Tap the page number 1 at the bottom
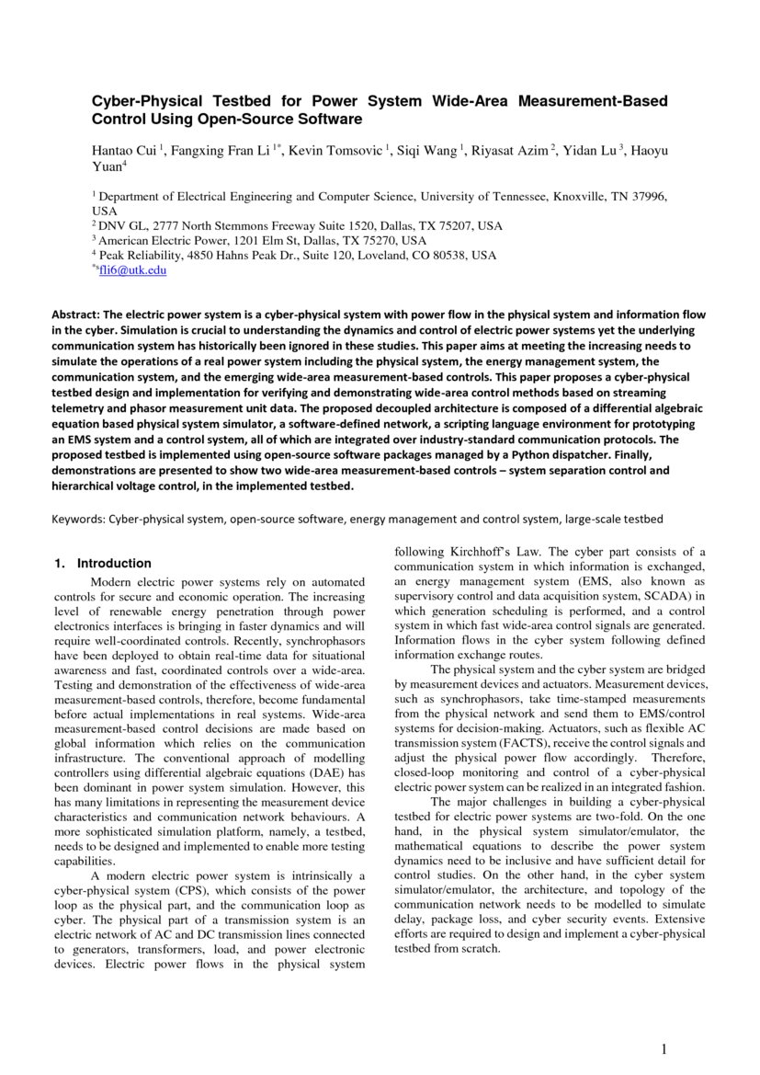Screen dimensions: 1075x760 click(664, 1049)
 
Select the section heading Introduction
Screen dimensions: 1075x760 click(114, 563)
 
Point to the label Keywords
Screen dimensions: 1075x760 click(77, 519)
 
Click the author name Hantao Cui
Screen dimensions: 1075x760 click(124, 150)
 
